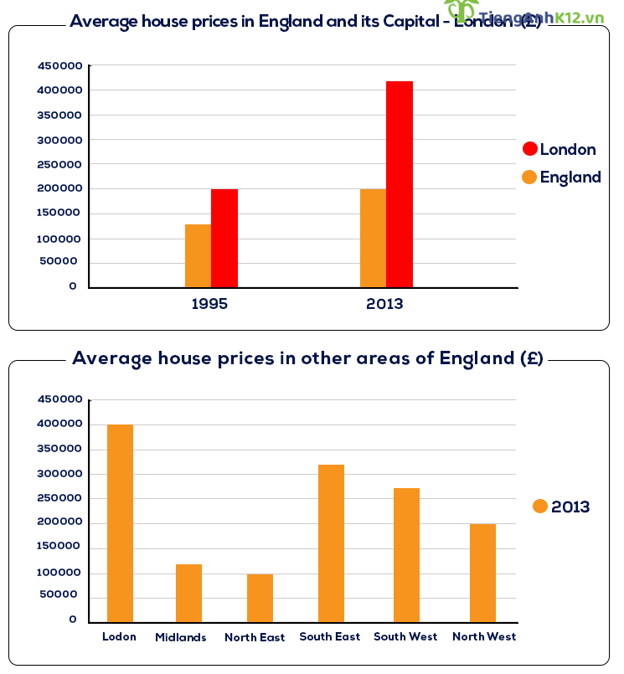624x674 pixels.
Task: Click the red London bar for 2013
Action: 400,184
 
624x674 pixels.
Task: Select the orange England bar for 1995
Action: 198,256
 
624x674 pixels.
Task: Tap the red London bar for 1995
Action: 224,239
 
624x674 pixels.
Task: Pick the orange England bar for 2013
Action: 373,239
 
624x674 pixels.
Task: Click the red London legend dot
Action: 529,149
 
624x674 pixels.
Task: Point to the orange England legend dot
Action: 529,178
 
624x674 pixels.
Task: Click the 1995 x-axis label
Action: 209,304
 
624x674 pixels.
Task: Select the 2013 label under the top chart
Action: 384,304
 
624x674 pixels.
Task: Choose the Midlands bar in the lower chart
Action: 188,593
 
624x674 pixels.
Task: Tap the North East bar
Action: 260,598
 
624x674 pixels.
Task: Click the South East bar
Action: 331,543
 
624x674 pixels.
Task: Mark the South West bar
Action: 406,555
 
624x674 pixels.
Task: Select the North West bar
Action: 482,573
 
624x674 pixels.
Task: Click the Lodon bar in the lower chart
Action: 120,523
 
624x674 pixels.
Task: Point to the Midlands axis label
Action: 181,638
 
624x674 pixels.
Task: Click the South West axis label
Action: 405,637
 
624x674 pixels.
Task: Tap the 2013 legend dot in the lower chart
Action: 540,507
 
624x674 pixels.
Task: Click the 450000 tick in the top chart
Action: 59,65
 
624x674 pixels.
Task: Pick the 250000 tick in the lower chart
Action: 59,498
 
